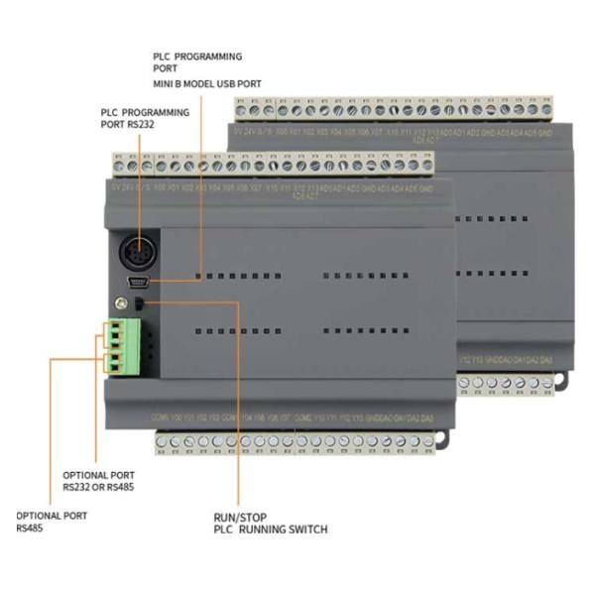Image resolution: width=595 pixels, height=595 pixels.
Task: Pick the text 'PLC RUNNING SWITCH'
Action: pos(270,530)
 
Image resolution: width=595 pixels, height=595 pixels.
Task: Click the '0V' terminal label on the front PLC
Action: pos(118,185)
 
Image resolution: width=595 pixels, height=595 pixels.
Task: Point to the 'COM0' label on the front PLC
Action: pos(156,417)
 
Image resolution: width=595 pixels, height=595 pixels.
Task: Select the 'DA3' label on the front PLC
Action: pos(427,417)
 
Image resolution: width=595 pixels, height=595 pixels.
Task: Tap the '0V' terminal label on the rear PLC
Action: pos(239,130)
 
